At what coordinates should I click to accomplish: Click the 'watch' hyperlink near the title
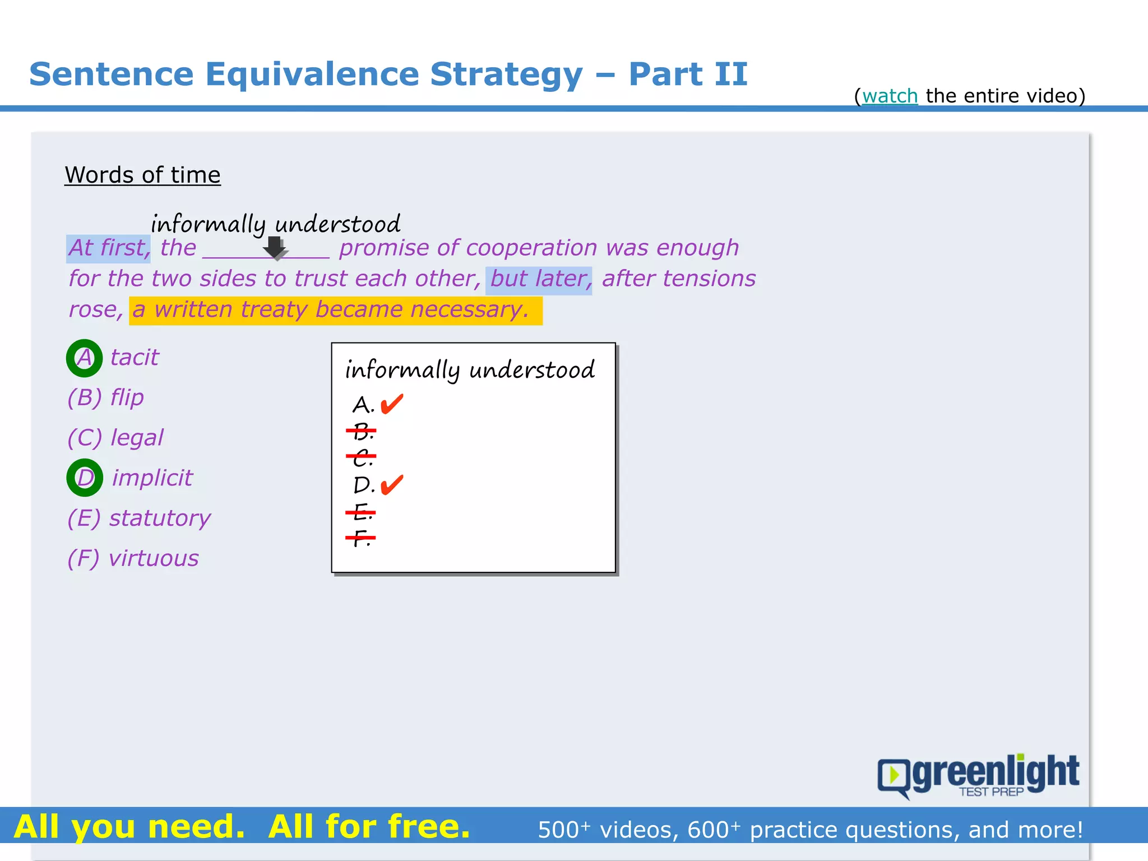(x=890, y=96)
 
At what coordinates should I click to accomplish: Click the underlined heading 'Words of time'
(x=142, y=175)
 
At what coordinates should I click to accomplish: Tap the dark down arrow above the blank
(x=275, y=247)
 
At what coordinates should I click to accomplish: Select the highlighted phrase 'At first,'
(x=109, y=248)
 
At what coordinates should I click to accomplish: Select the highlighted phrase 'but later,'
(x=539, y=279)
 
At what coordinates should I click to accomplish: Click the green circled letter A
(x=84, y=358)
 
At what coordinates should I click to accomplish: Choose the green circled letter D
(x=85, y=478)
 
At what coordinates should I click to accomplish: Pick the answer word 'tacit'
(x=135, y=358)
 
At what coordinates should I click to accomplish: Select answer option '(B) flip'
(x=105, y=397)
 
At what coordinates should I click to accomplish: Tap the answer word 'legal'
(x=137, y=438)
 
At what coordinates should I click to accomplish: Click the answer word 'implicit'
(x=152, y=478)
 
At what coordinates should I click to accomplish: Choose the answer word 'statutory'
(x=160, y=518)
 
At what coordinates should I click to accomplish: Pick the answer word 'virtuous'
(x=154, y=558)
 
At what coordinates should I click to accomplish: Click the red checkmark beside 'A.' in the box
(x=392, y=402)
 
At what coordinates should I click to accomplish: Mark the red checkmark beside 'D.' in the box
(x=392, y=484)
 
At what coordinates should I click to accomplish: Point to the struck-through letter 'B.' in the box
(x=362, y=432)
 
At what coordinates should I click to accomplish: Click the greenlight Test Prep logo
(x=978, y=775)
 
